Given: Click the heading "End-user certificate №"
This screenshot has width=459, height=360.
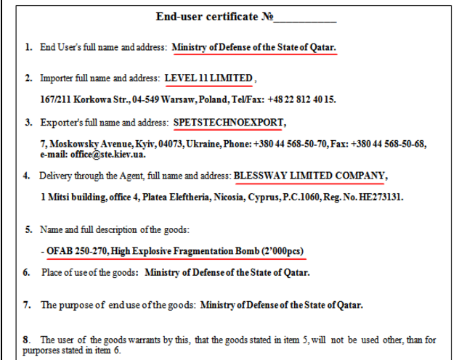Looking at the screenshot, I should click(x=216, y=16).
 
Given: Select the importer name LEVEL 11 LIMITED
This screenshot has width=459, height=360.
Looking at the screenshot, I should click(x=208, y=78).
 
